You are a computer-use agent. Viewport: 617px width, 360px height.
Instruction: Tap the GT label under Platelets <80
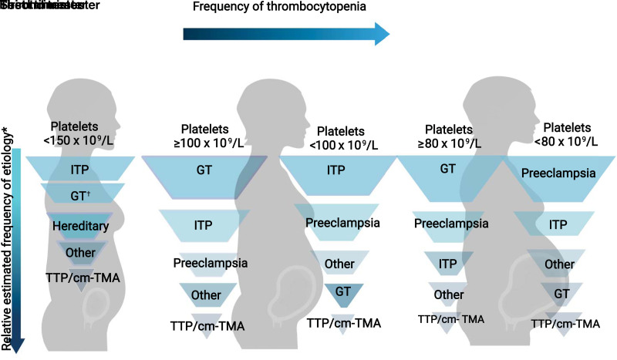point(561,294)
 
